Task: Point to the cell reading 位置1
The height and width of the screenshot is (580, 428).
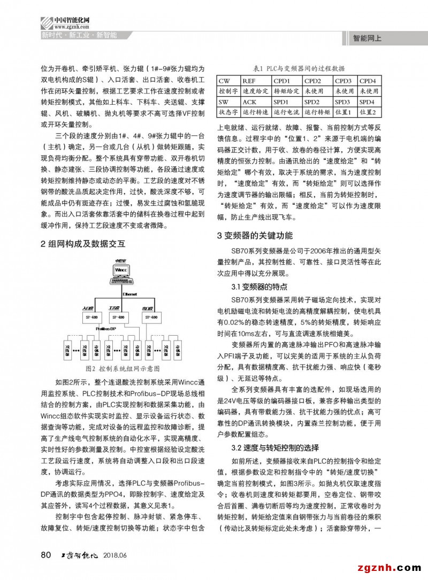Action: point(342,112)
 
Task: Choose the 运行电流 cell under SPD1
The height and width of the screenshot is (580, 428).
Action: point(286,112)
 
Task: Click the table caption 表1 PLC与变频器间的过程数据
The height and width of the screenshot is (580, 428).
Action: point(299,68)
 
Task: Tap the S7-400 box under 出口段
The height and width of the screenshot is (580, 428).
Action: point(151,318)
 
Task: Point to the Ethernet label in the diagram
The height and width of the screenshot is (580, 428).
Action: point(130,294)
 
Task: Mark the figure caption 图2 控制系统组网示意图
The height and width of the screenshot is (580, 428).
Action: point(123,369)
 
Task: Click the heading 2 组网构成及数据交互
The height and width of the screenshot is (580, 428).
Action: point(83,244)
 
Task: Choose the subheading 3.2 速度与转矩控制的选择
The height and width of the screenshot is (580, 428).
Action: point(274,447)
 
